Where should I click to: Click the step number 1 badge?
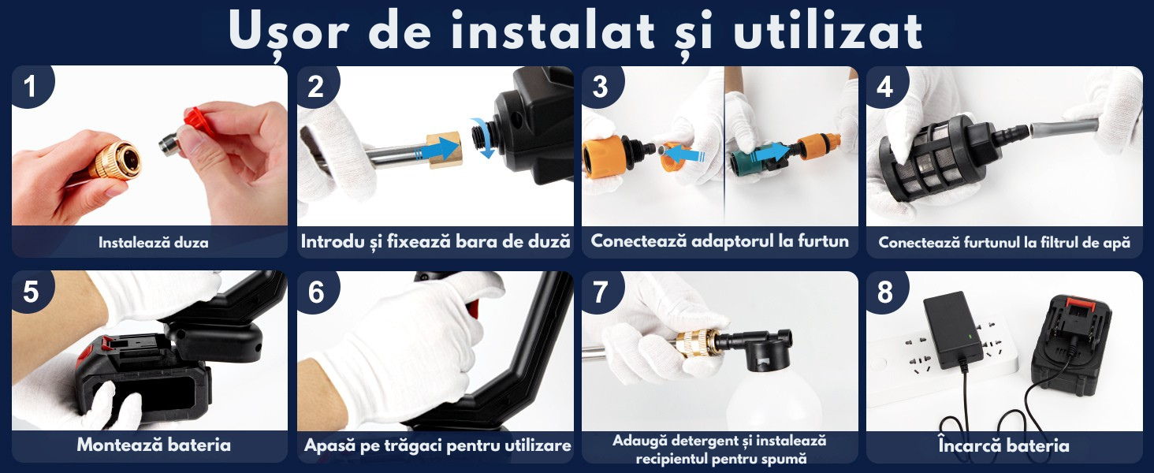point(31,85)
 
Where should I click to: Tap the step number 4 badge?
point(885,85)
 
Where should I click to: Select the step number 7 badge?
point(601,292)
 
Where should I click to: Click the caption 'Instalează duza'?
point(154,243)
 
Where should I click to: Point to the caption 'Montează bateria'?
point(154,445)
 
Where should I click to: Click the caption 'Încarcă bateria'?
point(1003,445)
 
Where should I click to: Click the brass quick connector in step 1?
point(115,161)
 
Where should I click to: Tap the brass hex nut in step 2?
point(445,150)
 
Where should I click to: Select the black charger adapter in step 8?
point(953,329)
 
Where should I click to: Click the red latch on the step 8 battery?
point(1081,304)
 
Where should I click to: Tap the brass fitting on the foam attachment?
point(695,345)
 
